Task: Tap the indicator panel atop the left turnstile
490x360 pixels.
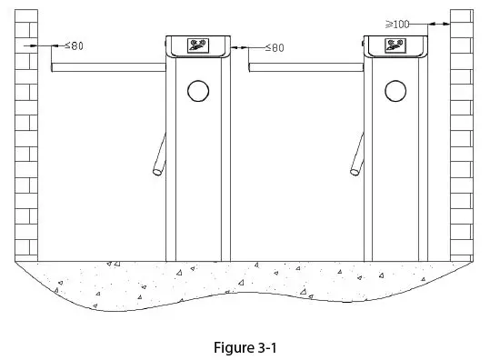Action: pos(197,45)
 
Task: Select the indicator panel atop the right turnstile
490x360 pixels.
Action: pos(395,45)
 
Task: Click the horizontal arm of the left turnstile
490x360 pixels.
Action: pos(109,67)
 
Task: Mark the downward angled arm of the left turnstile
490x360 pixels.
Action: pos(160,153)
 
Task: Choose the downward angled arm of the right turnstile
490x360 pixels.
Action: pos(358,153)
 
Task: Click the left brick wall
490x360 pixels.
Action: pos(26,136)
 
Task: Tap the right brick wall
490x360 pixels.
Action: pos(462,136)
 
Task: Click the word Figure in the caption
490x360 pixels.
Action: pos(230,346)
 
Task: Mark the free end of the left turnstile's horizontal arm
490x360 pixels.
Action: pos(55,67)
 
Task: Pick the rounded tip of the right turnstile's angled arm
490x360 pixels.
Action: pos(354,169)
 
